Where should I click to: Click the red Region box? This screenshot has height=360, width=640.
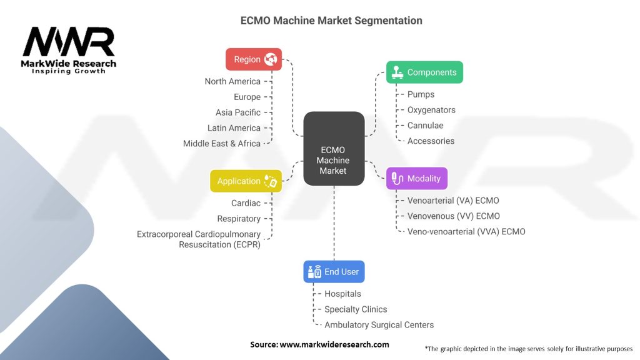point(253,59)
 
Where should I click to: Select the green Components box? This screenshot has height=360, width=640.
point(424,72)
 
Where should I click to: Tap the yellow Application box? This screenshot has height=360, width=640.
point(246,181)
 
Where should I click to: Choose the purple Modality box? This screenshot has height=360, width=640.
point(417,179)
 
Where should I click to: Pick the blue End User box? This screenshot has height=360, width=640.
point(334,272)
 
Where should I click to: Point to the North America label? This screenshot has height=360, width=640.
point(232,81)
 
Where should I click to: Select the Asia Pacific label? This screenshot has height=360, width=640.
point(237,112)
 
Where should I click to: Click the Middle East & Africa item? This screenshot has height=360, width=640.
point(221,144)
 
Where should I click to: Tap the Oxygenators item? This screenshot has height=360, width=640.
point(431,110)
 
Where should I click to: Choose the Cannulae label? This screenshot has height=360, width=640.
point(425,126)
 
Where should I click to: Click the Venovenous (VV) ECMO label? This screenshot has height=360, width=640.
point(453,216)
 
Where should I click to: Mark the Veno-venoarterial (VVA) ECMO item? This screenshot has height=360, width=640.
point(466,232)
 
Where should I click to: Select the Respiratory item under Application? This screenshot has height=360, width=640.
point(239,219)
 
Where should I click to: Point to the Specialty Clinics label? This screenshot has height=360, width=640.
point(356,309)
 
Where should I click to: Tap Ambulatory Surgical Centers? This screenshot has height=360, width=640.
point(379,325)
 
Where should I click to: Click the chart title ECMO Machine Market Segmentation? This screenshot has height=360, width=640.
point(331,21)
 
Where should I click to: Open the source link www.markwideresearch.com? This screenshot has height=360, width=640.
point(334,344)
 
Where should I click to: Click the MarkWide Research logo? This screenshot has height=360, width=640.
point(69,50)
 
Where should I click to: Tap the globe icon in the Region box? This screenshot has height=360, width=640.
point(271,59)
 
